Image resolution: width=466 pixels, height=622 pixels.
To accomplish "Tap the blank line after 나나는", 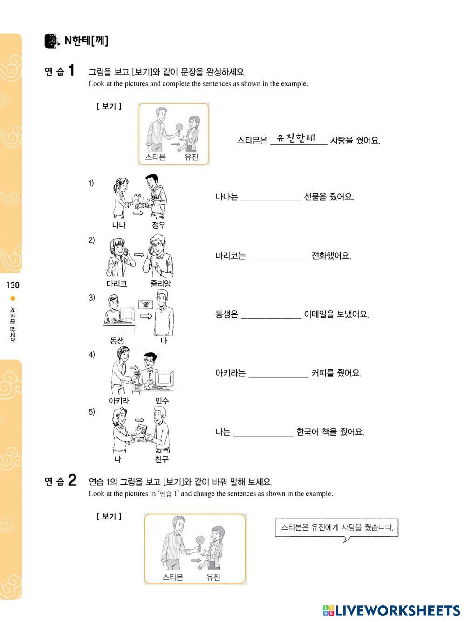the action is [x=271, y=201].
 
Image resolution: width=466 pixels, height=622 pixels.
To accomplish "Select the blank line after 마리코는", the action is [x=278, y=260].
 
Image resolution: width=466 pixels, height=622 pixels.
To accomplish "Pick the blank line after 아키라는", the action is [x=278, y=377].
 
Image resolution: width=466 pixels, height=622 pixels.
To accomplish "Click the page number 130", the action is [x=13, y=285].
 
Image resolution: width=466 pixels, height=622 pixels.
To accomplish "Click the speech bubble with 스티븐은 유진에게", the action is [x=336, y=529].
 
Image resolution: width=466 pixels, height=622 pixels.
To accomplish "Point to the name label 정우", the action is [x=158, y=225].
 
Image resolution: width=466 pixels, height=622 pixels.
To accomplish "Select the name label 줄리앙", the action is [x=161, y=283].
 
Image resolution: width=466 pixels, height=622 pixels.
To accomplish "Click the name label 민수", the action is [x=162, y=400].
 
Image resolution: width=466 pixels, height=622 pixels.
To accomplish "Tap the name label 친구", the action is [x=162, y=459].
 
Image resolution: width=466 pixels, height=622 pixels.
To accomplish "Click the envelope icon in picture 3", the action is [x=145, y=304].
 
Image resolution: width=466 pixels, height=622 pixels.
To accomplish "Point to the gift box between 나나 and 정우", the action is [x=138, y=199].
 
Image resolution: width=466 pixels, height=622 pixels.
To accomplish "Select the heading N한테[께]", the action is [x=86, y=41].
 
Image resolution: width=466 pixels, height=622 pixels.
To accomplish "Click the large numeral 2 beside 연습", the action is [x=72, y=480].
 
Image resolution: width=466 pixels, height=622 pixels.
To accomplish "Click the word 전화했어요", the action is [x=331, y=256].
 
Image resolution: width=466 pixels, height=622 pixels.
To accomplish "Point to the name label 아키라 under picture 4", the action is [x=119, y=400].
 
